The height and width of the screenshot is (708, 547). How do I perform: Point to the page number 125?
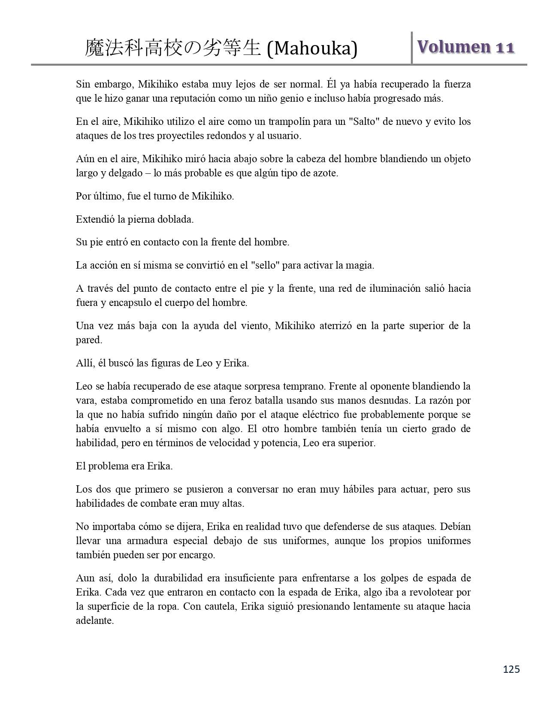point(511,669)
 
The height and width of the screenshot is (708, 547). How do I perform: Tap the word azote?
point(326,173)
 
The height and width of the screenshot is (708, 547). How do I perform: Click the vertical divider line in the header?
point(412,48)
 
